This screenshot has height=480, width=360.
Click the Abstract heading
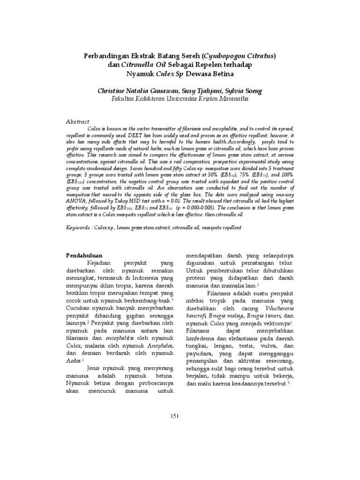point(77,121)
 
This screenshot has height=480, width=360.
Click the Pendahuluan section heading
point(84,255)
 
